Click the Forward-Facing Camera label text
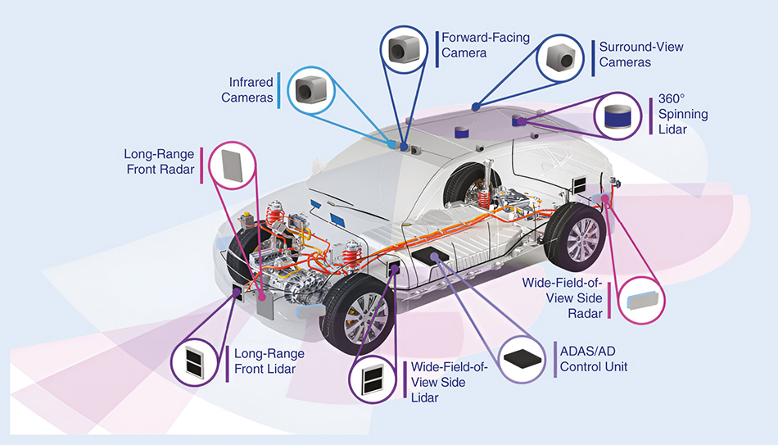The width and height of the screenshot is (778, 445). point(485,45)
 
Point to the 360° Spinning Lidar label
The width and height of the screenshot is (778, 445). point(683,114)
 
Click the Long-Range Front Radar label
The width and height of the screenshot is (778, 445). point(159,161)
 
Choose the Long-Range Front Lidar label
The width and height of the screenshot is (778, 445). point(269,361)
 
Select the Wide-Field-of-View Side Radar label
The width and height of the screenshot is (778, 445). point(562,297)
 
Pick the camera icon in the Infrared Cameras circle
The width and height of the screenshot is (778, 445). point(310,90)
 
